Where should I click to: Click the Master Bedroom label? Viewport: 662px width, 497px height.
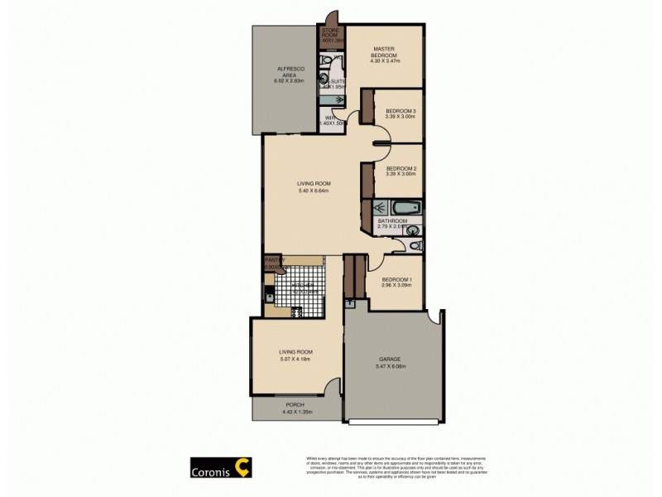click(386, 52)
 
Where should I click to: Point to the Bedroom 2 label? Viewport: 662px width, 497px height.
click(401, 168)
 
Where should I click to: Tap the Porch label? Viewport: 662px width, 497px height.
click(295, 405)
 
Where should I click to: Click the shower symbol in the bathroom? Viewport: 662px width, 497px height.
click(378, 208)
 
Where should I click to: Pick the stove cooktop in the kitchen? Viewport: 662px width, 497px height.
click(269, 311)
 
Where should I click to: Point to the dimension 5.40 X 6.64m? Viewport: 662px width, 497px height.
click(314, 191)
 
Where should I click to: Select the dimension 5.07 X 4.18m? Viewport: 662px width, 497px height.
click(295, 360)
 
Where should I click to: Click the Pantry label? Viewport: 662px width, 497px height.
click(274, 261)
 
